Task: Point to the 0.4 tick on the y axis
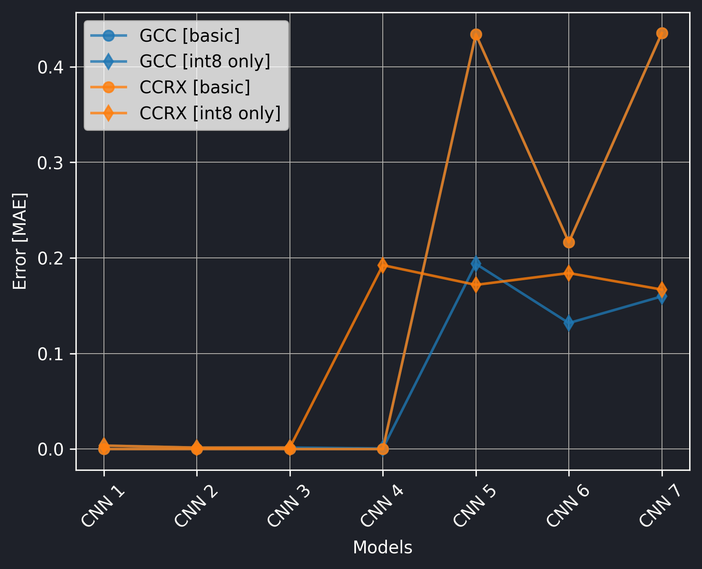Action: (x=51, y=67)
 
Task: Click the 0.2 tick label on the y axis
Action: (x=51, y=258)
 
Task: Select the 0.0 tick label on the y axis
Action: (x=51, y=449)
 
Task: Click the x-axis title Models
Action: (x=382, y=548)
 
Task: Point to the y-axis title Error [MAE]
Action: (x=19, y=241)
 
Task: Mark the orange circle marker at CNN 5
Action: (x=476, y=35)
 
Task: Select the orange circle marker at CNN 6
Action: (x=569, y=242)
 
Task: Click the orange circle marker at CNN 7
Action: (x=662, y=33)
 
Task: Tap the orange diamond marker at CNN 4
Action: (x=383, y=265)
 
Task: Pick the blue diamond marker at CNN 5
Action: (x=476, y=263)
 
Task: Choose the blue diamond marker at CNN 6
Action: (x=569, y=323)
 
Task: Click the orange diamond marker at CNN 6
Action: (x=569, y=273)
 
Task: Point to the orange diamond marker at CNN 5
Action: (x=476, y=285)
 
